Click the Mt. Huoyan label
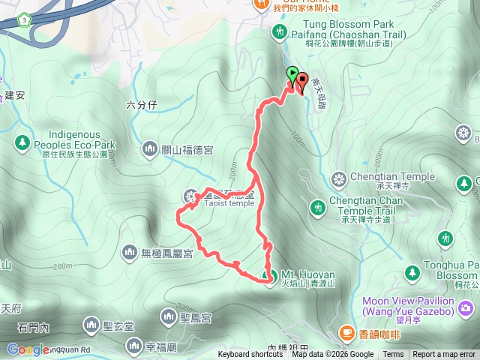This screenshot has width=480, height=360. tap(304, 274)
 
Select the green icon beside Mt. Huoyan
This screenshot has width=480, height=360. tap(271, 275)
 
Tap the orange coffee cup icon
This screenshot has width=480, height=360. tap(346, 332)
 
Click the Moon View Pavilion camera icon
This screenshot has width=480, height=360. tap(466, 307)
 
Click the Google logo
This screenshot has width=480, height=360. tap(28, 349)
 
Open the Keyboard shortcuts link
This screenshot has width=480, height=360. tap(250, 355)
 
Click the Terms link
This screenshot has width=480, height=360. tap(393, 355)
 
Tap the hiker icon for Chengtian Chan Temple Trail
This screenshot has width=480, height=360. tap(318, 204)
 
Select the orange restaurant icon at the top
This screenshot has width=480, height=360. tap(261, 4)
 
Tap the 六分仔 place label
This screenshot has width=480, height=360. tap(142, 106)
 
